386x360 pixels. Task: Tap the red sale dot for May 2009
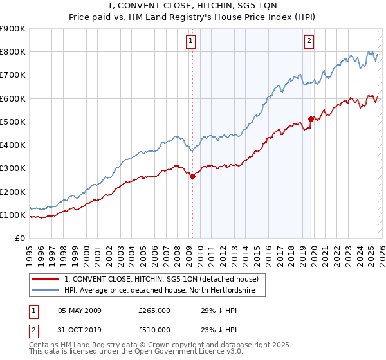coord(192,177)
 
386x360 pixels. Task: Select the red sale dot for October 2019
coord(311,119)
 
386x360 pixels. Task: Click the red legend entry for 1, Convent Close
coord(161,279)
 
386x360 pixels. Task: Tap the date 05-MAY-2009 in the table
coord(80,310)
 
